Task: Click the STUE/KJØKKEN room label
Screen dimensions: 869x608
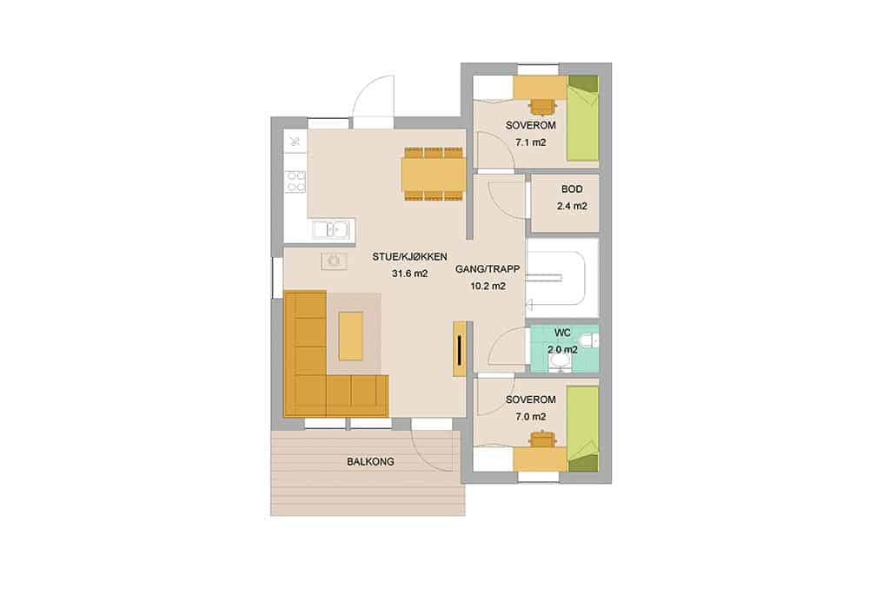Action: (409, 257)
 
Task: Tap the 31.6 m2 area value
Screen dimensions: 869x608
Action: (409, 274)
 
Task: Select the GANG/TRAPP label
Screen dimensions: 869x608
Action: (488, 269)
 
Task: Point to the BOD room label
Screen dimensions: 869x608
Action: (572, 189)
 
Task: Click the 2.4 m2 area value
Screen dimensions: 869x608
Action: (572, 206)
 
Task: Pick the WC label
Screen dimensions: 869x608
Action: (562, 333)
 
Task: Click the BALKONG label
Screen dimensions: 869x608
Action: (371, 461)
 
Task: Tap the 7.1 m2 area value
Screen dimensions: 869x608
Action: (531, 142)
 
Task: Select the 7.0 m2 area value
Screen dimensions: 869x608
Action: (531, 417)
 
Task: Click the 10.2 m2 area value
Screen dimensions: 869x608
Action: (488, 287)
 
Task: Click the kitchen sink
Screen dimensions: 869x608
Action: (330, 228)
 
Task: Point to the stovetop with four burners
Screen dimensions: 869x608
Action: (295, 182)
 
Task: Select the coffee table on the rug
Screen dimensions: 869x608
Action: (351, 335)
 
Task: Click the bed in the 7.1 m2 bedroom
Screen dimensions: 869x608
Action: (582, 118)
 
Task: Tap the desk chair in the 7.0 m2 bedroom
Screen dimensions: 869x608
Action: (542, 438)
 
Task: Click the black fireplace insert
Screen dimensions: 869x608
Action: (460, 350)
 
